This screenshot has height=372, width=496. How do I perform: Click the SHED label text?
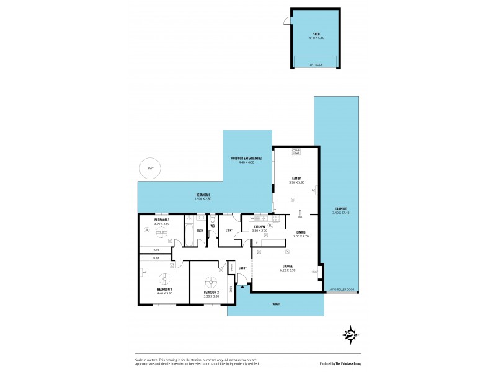[x=316, y=34]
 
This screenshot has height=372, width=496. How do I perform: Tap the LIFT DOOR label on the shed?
[x=316, y=64]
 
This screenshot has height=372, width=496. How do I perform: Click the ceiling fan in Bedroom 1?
[x=165, y=278]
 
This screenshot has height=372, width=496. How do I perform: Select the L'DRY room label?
[x=229, y=231]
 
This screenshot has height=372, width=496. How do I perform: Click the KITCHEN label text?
[x=259, y=227]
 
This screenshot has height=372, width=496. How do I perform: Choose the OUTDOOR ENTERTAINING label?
[x=246, y=159]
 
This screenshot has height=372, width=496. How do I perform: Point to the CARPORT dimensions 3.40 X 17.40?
[x=340, y=213]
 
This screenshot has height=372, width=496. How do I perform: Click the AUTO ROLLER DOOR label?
[x=342, y=290]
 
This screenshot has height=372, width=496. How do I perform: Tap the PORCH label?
[x=275, y=304]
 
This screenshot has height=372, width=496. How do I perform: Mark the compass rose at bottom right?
[x=350, y=335]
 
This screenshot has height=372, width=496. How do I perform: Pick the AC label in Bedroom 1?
[x=144, y=272]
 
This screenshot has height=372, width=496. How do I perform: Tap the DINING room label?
[x=301, y=232]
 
